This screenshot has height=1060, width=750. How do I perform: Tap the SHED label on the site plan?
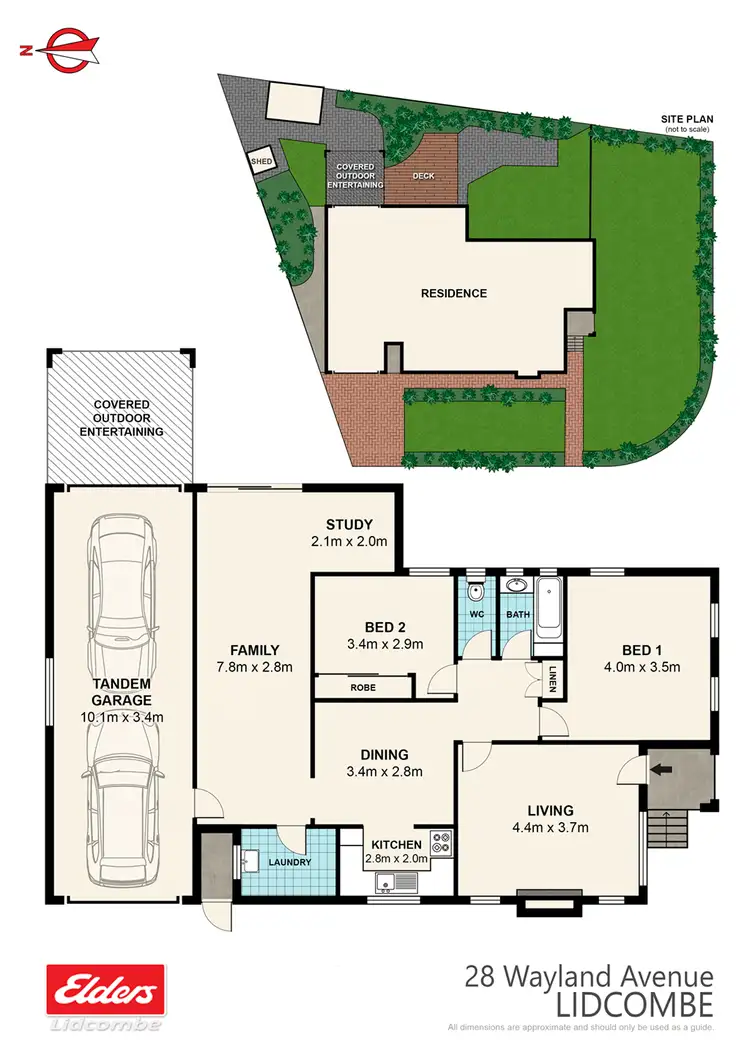(261, 160)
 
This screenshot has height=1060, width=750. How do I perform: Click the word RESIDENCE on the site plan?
(453, 293)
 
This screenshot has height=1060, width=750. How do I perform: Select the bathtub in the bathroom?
(548, 606)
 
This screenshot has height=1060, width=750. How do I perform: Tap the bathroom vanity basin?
(516, 586)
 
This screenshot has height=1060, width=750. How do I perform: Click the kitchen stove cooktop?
(441, 842)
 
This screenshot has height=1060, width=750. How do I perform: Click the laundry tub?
(250, 859)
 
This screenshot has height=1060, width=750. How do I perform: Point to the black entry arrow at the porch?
(660, 770)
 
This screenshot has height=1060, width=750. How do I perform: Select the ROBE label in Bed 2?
(362, 687)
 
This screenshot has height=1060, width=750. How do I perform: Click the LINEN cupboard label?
(553, 679)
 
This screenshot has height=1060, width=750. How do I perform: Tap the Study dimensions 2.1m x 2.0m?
(349, 541)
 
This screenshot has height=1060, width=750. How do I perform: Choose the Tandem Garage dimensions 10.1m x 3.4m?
(124, 716)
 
